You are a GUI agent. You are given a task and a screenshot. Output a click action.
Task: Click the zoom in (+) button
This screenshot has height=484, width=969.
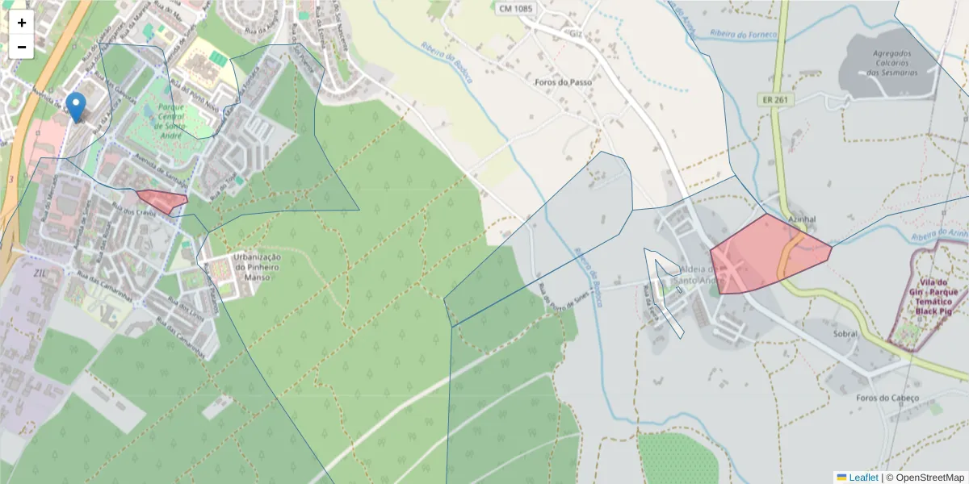point(22,23)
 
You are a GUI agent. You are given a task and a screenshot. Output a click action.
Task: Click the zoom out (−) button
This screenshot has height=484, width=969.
point(22,47)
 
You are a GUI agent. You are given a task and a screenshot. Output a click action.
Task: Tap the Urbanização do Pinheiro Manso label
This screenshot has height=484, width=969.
point(256,267)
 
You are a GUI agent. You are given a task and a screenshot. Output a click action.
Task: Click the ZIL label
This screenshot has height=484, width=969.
point(41,273)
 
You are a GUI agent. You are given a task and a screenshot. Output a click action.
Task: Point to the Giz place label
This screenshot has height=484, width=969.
point(576,35)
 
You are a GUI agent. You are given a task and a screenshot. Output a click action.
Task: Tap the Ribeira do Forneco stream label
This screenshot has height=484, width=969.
point(743,34)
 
